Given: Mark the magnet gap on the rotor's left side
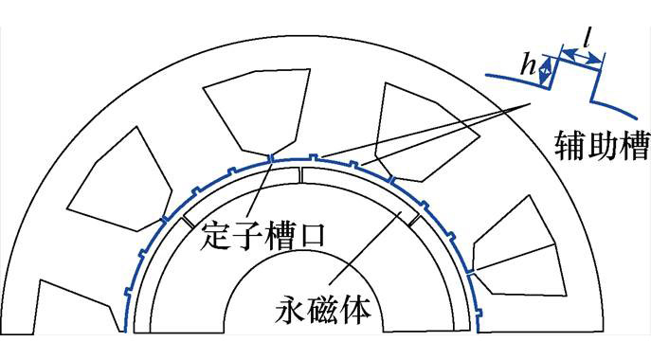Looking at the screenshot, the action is (188, 221).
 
